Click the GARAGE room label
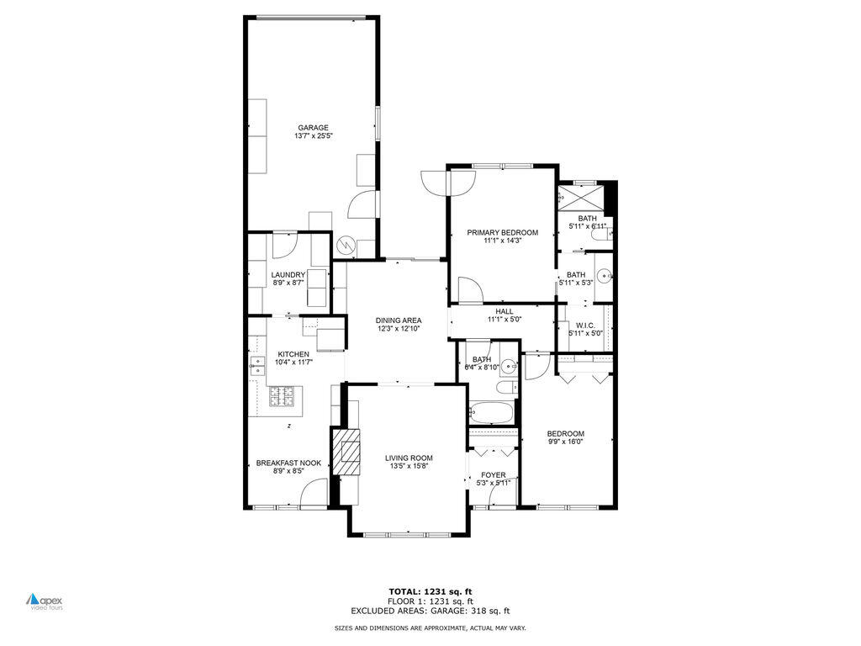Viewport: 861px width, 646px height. click(x=312, y=128)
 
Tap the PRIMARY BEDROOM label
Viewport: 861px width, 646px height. click(x=503, y=232)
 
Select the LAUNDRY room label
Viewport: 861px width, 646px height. click(x=288, y=274)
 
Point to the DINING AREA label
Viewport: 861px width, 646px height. click(x=399, y=320)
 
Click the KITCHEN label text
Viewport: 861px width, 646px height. click(x=293, y=354)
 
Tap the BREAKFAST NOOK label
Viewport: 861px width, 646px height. click(x=288, y=463)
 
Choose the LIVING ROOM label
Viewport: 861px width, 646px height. click(x=407, y=458)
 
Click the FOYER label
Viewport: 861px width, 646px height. click(x=493, y=475)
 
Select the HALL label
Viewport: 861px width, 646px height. click(x=504, y=311)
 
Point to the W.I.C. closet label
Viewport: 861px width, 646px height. click(x=585, y=325)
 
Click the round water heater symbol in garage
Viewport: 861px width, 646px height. click(x=346, y=245)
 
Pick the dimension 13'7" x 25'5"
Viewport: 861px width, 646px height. click(x=312, y=136)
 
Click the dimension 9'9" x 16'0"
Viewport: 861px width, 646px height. click(x=565, y=442)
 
